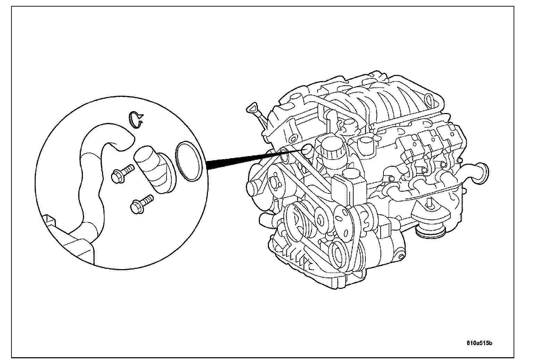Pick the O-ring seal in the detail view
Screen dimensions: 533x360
(x=189, y=161)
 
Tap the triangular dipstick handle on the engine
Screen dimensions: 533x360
(x=251, y=108)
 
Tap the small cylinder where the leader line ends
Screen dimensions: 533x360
(x=307, y=149)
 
